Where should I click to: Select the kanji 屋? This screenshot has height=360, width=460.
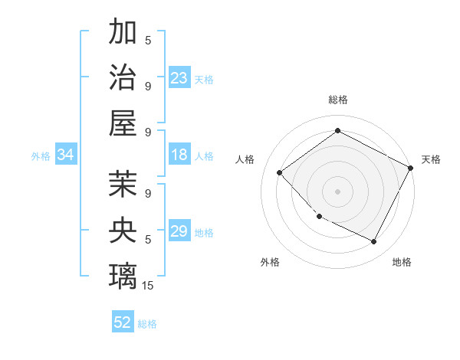[x=123, y=123]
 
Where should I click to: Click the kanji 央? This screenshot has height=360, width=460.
[x=123, y=229]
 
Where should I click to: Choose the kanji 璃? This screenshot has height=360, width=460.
[x=123, y=274]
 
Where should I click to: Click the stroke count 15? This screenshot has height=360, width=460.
[x=148, y=285]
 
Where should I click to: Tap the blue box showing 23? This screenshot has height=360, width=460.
[x=179, y=78]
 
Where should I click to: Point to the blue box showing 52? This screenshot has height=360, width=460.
[x=123, y=322]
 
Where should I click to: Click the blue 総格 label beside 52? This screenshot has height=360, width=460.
[x=147, y=324]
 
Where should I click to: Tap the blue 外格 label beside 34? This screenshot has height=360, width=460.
[x=41, y=156]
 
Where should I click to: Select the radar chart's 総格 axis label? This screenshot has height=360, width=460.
[x=337, y=100]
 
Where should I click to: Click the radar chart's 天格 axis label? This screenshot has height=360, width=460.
[x=431, y=159]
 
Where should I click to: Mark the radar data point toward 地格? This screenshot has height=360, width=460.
[x=374, y=242]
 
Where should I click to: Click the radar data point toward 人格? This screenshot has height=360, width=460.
[x=280, y=172]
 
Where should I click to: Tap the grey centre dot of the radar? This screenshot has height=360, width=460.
[x=337, y=191]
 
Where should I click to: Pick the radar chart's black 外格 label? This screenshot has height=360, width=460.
[x=270, y=262]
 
